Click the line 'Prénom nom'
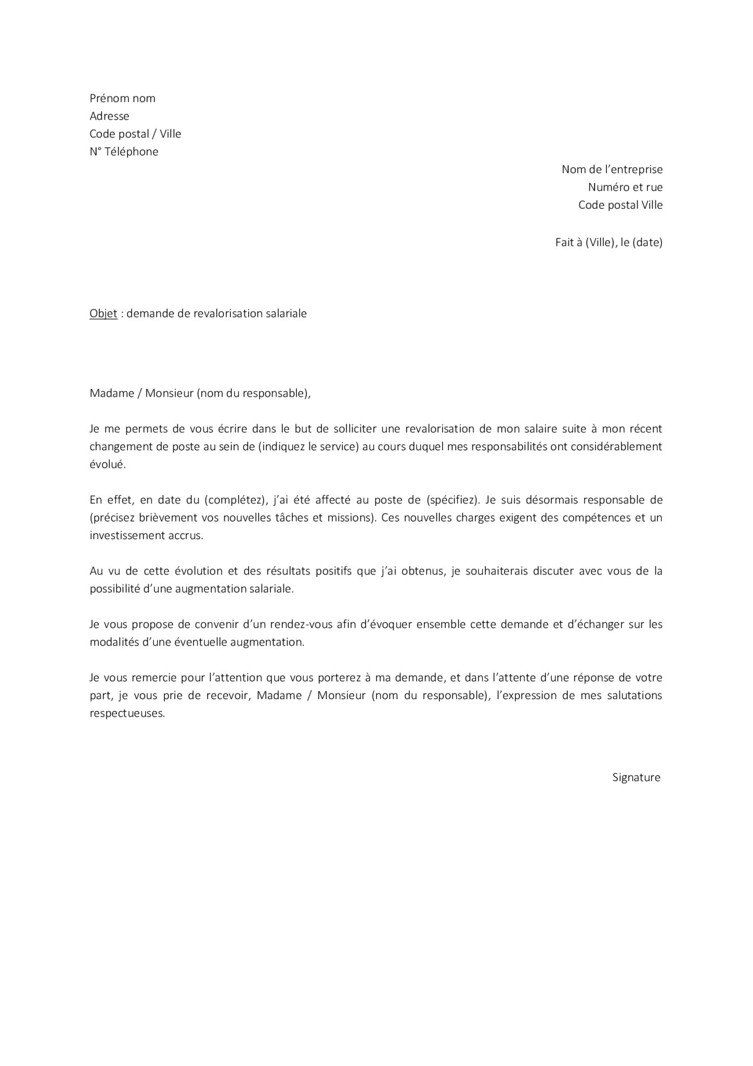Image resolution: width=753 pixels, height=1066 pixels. coord(122,98)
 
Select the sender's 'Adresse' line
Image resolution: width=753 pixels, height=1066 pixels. coord(109,116)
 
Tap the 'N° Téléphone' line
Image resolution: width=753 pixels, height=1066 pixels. coord(124,151)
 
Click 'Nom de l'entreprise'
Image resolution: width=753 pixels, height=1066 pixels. coord(612,169)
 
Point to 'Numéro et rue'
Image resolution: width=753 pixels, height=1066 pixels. coord(625,187)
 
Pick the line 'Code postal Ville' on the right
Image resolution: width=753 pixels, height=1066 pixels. coord(620,205)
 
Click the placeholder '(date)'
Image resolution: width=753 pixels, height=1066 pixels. coord(647,242)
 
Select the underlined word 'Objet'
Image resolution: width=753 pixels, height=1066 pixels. coord(103,313)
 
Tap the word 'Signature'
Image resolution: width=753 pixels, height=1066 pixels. coord(636,777)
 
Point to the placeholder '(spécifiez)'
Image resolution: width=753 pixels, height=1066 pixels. coord(451,500)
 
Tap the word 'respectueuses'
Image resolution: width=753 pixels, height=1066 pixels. coord(126,713)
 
